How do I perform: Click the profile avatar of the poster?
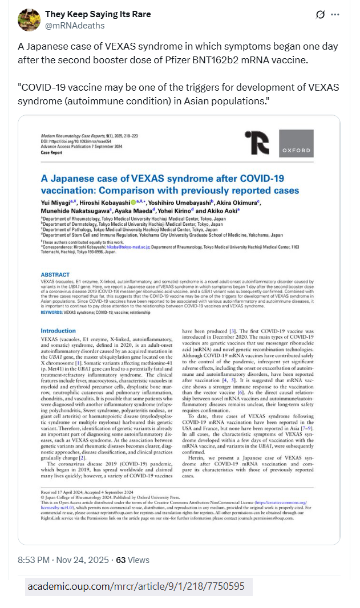(29, 19)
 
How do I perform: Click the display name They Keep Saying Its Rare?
(98, 14)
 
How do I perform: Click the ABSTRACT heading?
(55, 274)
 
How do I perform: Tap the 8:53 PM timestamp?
(35, 560)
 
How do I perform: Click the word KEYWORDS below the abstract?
(51, 313)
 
